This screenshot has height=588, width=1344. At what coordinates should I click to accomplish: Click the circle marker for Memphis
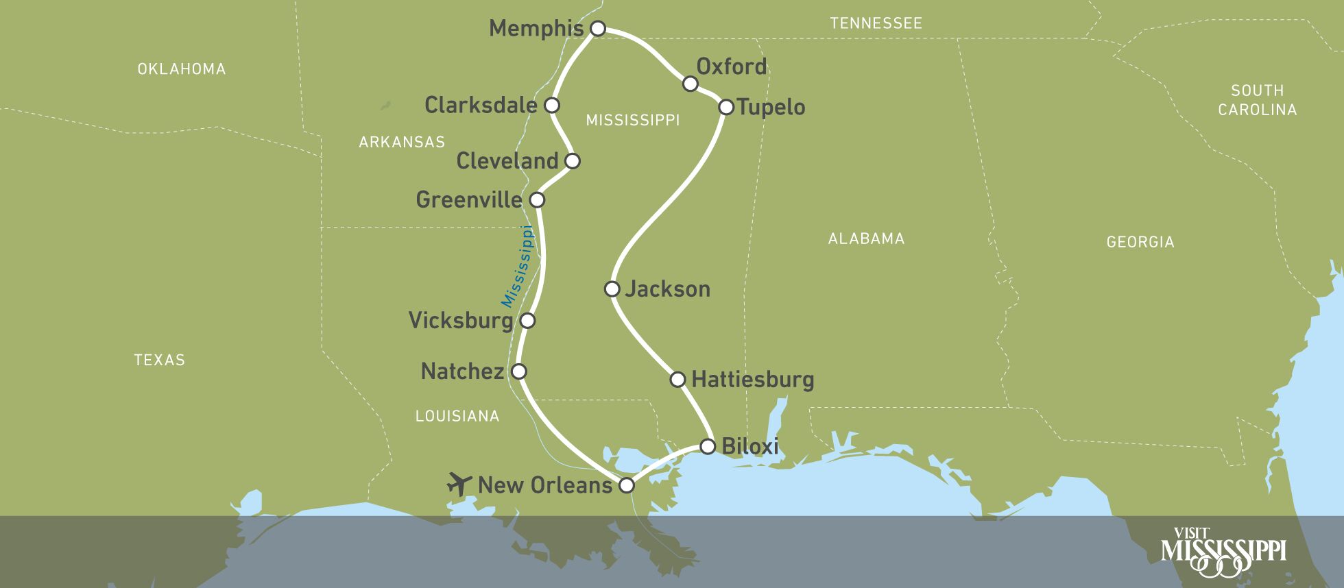(598, 28)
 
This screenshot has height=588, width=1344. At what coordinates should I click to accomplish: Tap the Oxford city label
(731, 66)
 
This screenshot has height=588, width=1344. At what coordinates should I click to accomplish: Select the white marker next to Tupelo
(726, 107)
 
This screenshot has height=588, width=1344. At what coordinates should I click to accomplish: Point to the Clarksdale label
(481, 105)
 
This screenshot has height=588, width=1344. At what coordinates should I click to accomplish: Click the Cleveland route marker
(573, 161)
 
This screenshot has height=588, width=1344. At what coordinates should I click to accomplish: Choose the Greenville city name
(469, 199)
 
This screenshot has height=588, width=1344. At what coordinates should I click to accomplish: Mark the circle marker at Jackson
(612, 289)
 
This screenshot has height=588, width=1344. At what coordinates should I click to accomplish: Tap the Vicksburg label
(461, 320)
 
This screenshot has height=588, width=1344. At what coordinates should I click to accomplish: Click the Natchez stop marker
(519, 371)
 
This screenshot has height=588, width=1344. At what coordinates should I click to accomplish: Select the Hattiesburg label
(752, 379)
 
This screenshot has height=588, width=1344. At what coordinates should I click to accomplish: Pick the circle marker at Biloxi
(708, 447)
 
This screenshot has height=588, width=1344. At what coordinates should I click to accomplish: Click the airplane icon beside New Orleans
(459, 483)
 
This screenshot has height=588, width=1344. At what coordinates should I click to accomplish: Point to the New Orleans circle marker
(627, 485)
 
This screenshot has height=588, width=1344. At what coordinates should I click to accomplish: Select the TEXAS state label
(159, 360)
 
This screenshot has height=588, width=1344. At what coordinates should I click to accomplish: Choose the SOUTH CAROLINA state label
(1257, 100)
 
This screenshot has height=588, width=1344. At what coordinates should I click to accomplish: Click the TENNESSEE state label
(876, 23)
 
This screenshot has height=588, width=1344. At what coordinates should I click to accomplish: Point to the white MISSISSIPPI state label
(632, 121)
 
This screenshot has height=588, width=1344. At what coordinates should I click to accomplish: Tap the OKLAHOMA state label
(181, 69)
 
